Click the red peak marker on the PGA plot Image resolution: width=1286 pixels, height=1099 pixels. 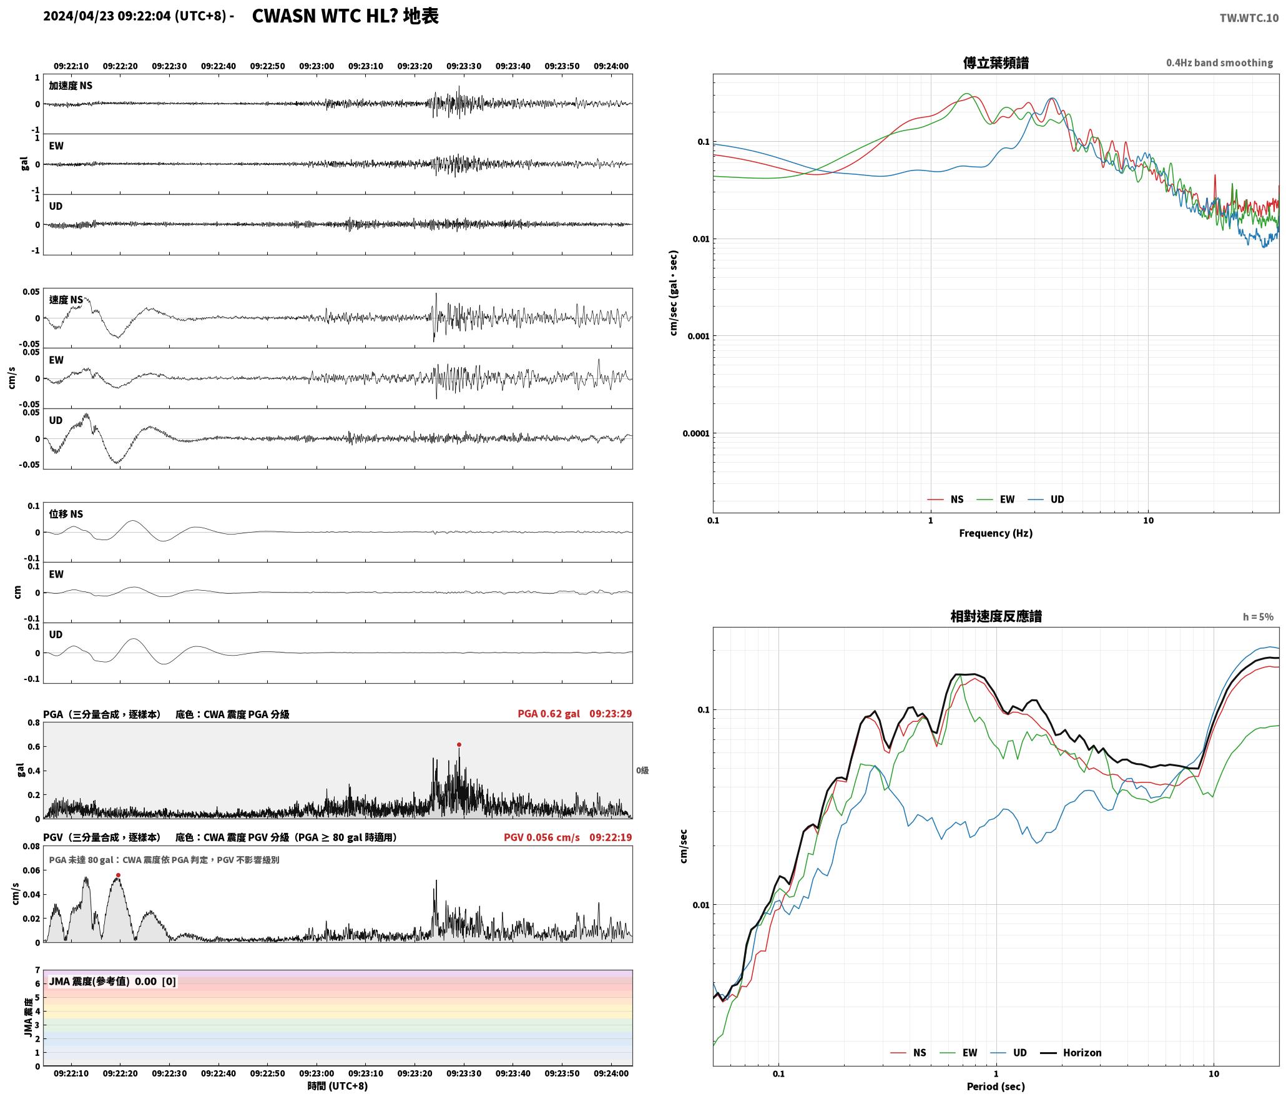[459, 744]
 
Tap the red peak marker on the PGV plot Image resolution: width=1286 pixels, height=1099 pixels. [118, 875]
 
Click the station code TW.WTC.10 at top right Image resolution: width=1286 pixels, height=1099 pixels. [1249, 18]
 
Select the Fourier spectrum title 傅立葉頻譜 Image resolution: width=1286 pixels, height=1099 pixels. [996, 63]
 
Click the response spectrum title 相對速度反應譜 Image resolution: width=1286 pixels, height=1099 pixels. [996, 616]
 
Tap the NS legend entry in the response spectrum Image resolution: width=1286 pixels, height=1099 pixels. [908, 1052]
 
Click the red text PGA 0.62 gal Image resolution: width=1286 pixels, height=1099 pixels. [549, 714]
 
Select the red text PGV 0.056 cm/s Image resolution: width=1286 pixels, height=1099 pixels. [542, 837]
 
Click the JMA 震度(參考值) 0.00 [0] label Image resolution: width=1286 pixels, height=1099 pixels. [112, 981]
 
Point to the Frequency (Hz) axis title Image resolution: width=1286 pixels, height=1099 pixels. [996, 533]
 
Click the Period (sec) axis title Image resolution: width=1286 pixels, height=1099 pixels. [996, 1087]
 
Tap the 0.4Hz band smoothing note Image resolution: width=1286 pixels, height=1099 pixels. [1219, 62]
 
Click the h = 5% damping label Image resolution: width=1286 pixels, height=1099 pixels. [1258, 617]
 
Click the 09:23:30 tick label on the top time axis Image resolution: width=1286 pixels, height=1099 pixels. [464, 66]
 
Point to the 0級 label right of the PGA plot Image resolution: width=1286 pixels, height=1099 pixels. [642, 771]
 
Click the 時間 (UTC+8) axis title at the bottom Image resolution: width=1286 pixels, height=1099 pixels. [338, 1086]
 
